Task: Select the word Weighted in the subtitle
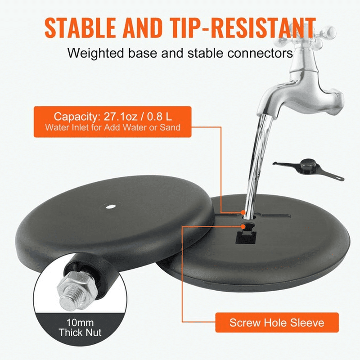tap(96, 54)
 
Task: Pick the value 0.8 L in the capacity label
tap(159, 117)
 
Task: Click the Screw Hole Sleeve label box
tap(277, 322)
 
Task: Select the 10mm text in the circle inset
tap(80, 323)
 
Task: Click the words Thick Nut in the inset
tap(80, 333)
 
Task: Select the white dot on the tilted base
tap(110, 207)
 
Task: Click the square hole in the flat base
tap(246, 238)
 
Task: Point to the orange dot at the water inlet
tap(243, 212)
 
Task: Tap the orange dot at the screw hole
tap(243, 227)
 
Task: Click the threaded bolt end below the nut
tap(68, 301)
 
